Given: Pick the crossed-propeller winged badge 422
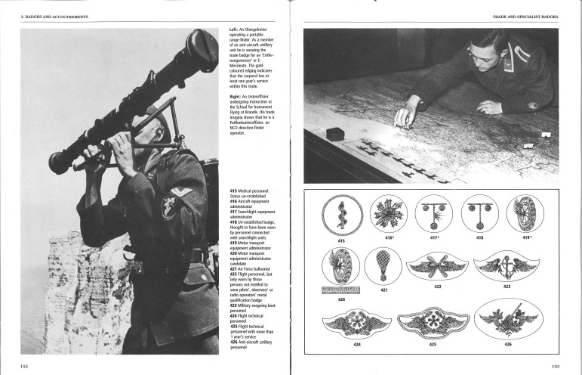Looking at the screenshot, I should pyautogui.click(x=438, y=266).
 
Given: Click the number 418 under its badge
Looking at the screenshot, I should pyautogui.click(x=479, y=237).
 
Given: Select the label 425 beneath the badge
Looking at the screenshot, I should pyautogui.click(x=433, y=345).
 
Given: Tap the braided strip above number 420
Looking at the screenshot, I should pyautogui.click(x=340, y=290).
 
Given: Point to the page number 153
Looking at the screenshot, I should pyautogui.click(x=555, y=365).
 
